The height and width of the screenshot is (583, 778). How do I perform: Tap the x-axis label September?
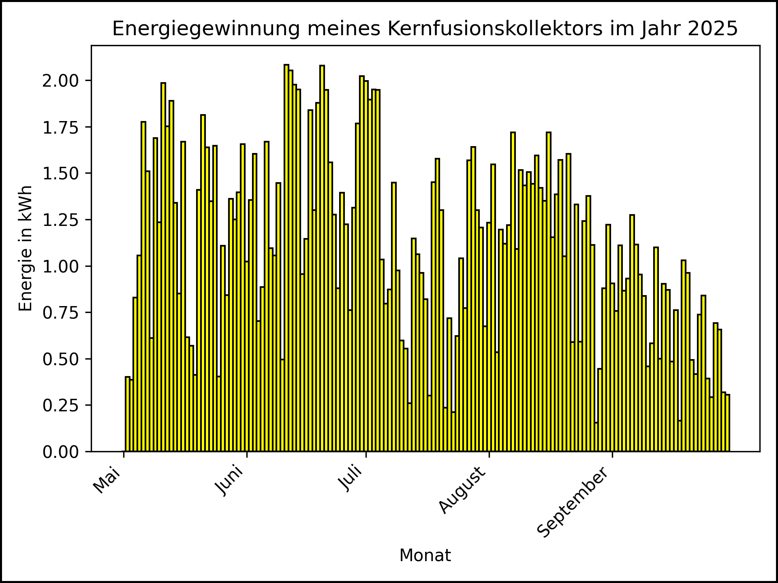(x=573, y=502)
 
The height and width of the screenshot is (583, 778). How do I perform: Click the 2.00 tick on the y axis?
(x=61, y=81)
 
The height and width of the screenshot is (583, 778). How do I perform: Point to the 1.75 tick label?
(x=61, y=127)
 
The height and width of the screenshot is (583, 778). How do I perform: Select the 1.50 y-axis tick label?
(x=61, y=174)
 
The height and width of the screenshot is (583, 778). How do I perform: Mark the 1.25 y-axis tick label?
(x=61, y=220)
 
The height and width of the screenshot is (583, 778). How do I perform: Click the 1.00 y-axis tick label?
(x=61, y=266)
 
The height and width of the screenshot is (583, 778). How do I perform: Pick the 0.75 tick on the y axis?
(x=61, y=313)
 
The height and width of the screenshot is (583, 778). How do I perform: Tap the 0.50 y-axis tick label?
(x=61, y=359)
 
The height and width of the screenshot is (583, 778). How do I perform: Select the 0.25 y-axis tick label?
(x=61, y=405)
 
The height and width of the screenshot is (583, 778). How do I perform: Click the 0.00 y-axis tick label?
(x=61, y=452)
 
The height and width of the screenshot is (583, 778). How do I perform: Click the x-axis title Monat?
(x=425, y=555)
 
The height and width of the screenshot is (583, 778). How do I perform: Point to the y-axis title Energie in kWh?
(x=26, y=248)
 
